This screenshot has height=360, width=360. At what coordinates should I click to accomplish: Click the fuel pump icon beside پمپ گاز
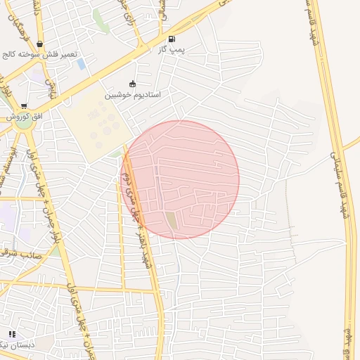(172, 39)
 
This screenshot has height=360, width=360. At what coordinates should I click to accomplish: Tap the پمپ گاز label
(171, 49)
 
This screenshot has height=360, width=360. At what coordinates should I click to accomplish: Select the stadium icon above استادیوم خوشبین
(133, 84)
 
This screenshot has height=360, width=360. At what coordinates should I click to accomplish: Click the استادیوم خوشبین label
(133, 94)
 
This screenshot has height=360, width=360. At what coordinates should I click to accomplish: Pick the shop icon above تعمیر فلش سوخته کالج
(39, 44)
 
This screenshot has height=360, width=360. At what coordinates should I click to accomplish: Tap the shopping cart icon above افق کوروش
(24, 106)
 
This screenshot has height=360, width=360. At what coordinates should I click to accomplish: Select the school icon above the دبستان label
(12, 334)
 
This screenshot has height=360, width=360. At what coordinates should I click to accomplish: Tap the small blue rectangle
(82, 64)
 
